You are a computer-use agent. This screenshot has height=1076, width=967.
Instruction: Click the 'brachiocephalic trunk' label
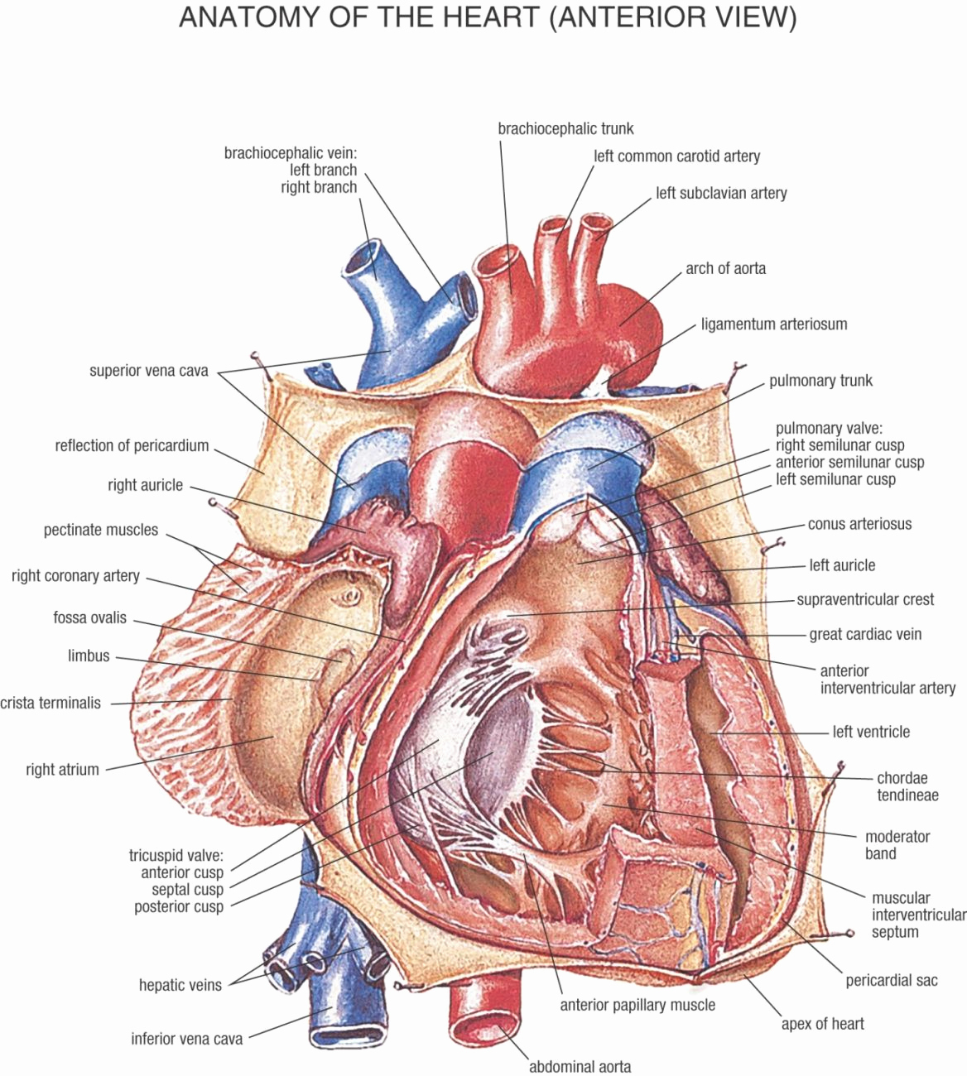pos(565,128)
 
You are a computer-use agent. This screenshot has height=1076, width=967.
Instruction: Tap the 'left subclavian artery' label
pos(721,194)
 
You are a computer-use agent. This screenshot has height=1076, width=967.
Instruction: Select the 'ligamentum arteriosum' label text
pos(774,324)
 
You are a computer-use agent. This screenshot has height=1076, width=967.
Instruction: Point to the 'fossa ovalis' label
pos(89,617)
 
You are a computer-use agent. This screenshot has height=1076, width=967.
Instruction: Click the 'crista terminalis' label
pos(51,703)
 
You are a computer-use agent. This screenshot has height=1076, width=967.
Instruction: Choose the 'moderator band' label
pos(897,845)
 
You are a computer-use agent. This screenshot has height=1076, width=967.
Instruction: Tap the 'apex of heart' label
pos(822,1023)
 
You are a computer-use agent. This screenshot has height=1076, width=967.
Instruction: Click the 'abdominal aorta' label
pos(580,1066)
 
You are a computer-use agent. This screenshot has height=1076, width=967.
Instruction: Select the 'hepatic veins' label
pos(180,985)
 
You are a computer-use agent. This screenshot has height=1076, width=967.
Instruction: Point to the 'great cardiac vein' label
pos(865,634)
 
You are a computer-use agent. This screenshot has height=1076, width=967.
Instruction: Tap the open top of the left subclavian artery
pos(596,222)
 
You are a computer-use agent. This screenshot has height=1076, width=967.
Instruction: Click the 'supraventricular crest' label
pos(865,599)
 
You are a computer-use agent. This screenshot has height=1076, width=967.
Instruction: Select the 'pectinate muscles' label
pos(101,530)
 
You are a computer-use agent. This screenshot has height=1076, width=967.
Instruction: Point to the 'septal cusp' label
pos(187,890)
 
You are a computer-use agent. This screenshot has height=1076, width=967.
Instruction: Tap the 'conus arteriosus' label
pos(859,524)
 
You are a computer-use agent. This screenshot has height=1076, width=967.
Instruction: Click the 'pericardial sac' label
pos(892,981)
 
